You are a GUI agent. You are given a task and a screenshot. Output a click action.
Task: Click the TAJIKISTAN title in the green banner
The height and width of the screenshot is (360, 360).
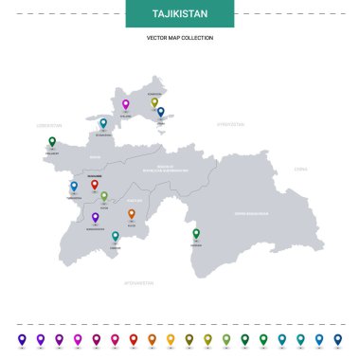click(180, 14)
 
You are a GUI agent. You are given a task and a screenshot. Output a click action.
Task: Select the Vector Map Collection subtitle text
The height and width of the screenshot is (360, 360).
click(180, 38)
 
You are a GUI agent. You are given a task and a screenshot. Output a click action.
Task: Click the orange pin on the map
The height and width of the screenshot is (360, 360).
click(132, 214)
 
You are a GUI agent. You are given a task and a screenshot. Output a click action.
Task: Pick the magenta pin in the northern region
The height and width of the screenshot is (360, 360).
click(125, 104)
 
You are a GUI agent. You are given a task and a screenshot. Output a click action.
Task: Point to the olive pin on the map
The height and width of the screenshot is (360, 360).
click(154, 102)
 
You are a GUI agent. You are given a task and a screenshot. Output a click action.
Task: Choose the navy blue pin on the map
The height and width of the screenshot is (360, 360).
click(161, 112)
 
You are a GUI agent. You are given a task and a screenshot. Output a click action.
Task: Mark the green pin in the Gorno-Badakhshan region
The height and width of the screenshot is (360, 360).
click(196, 233)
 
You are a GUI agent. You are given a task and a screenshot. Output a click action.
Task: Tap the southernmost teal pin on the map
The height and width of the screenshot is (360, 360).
click(116, 236)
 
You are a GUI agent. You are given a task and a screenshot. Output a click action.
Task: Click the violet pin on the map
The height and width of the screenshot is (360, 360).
click(95, 217)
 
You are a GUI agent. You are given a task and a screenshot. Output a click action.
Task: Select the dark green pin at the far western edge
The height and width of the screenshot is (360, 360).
click(52, 142)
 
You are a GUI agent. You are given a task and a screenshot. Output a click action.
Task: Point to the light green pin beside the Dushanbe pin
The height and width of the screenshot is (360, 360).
click(104, 196)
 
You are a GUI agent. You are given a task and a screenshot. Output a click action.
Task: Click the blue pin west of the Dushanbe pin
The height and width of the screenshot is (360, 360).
click(74, 187)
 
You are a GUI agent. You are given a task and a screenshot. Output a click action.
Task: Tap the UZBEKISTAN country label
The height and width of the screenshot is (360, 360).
click(48, 124)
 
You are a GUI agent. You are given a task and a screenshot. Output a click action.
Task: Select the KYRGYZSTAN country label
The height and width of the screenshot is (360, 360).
click(230, 123)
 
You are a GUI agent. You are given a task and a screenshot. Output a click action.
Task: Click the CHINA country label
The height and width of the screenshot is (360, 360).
click(300, 168)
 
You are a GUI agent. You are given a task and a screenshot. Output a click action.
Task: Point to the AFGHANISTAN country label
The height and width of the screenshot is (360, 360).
click(138, 282)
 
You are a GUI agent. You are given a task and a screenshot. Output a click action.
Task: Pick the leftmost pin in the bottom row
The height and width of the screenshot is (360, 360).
click(22, 338)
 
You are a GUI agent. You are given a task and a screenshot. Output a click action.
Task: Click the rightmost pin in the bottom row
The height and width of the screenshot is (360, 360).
click(338, 338)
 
